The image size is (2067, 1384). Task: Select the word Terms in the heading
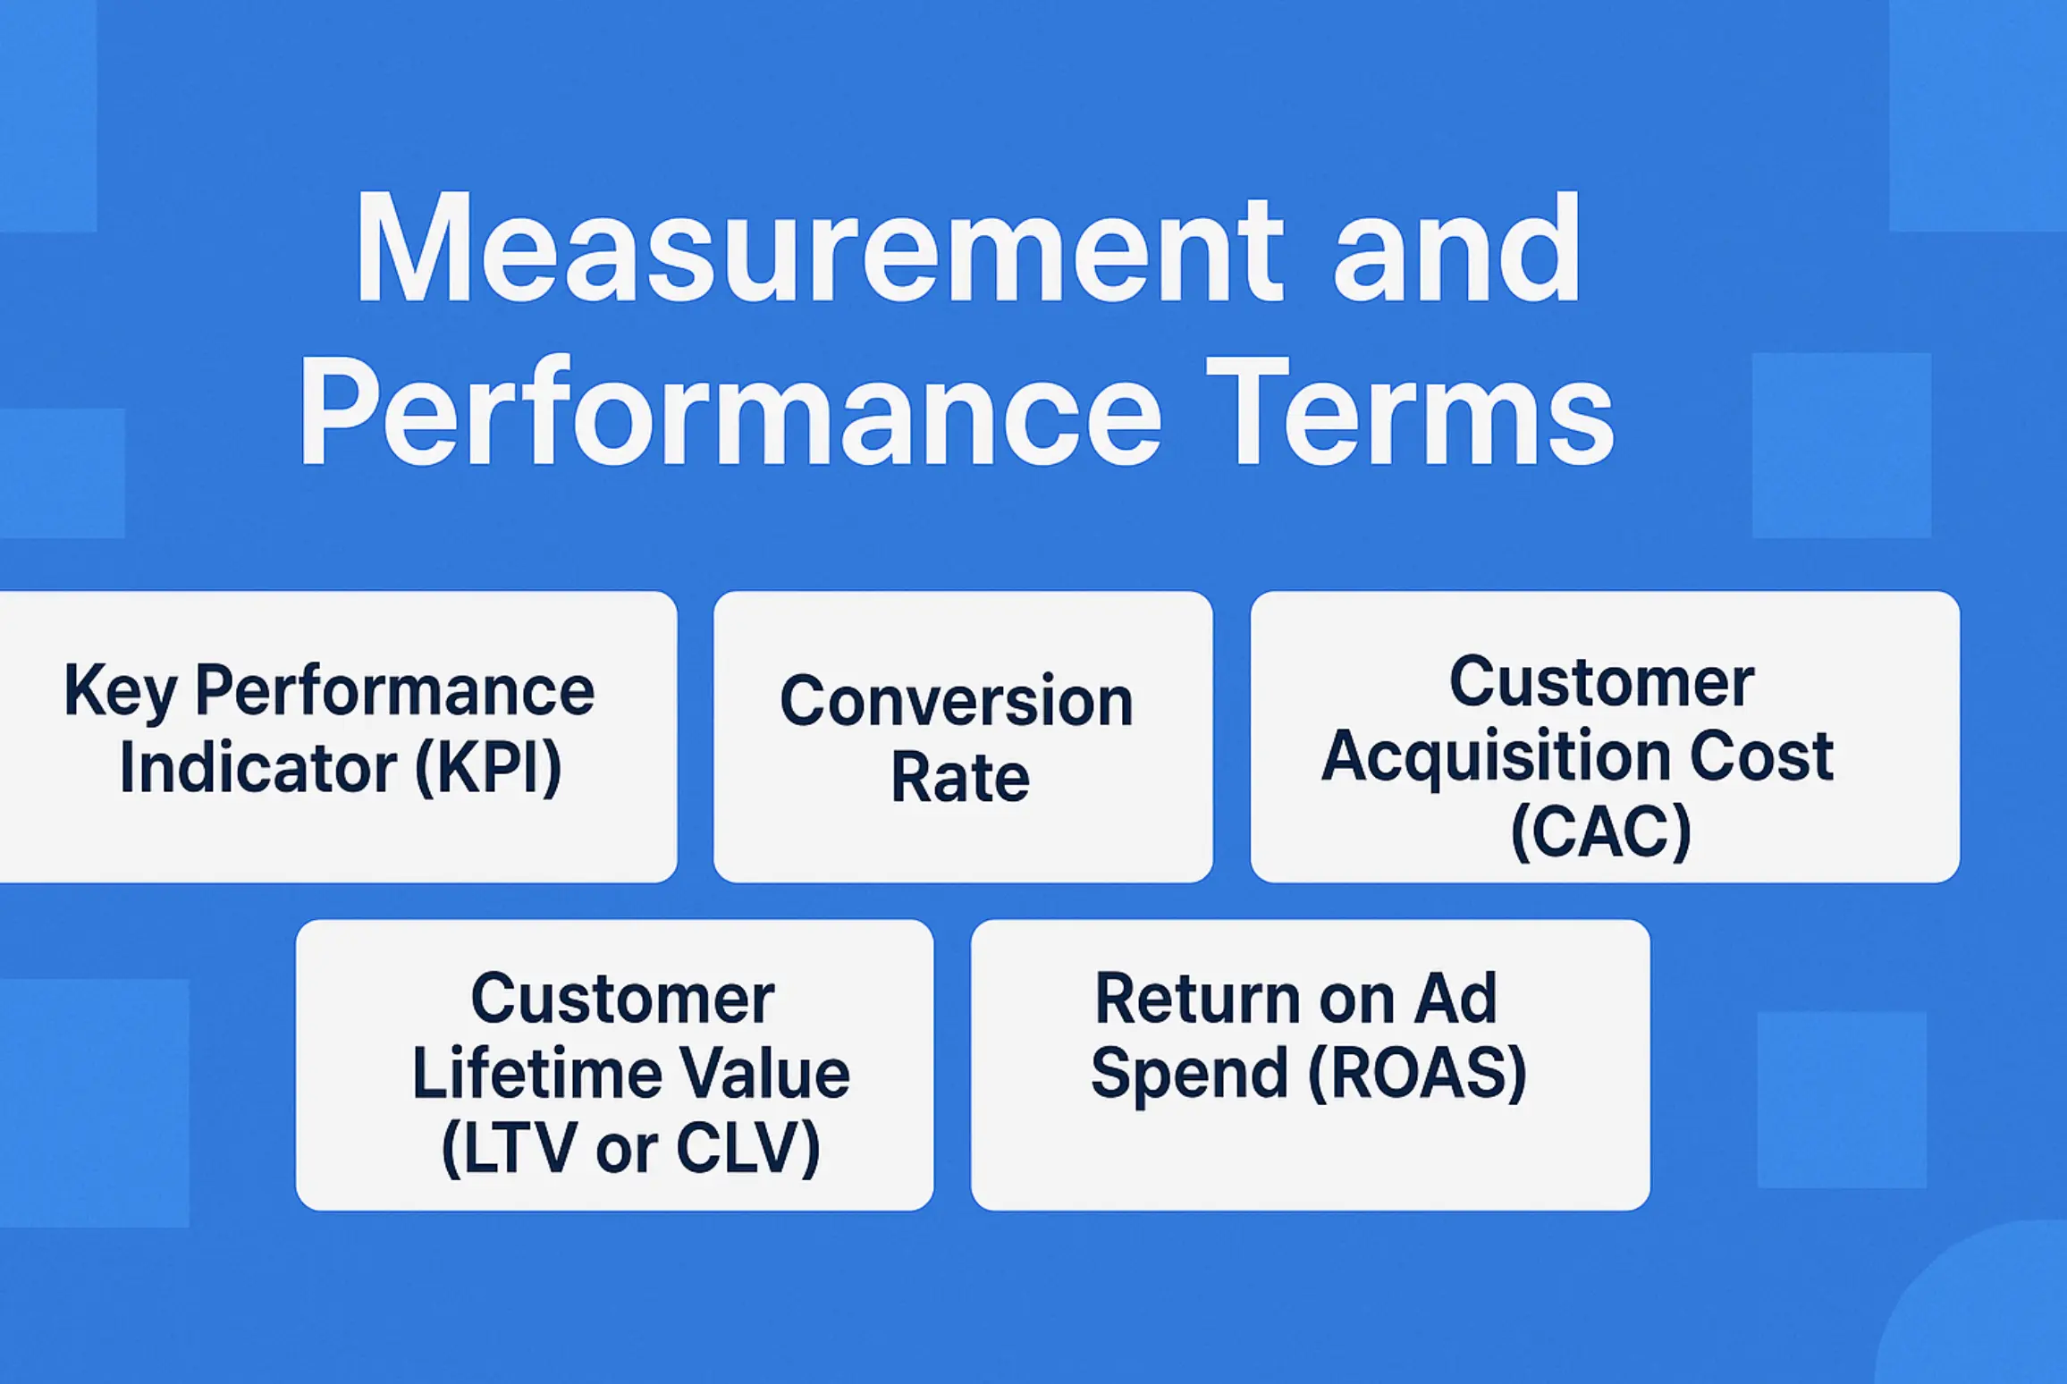coord(1422,413)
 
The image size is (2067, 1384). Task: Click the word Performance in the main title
coord(729,413)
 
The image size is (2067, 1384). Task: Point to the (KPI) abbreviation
coord(488,767)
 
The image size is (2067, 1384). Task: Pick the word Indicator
coord(257,767)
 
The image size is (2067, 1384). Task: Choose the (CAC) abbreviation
coord(1600,831)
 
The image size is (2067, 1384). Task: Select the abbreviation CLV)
coord(747,1148)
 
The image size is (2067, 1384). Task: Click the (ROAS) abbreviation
coord(1417,1073)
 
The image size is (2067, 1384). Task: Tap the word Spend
coord(1189,1073)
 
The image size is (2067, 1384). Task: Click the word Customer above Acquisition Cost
coord(1601,682)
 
